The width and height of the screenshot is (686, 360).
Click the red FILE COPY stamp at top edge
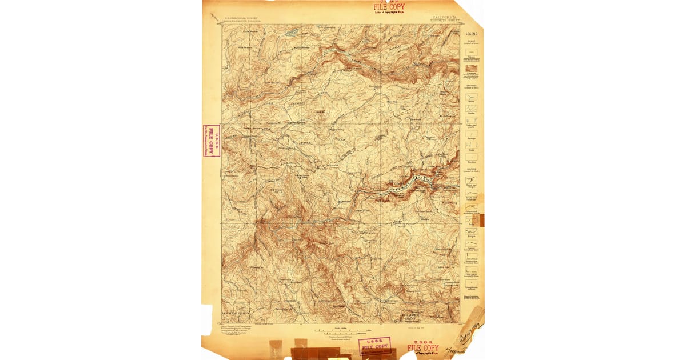389,8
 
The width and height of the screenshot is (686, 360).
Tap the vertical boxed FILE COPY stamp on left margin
211,141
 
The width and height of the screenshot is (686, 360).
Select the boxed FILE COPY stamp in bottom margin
374,345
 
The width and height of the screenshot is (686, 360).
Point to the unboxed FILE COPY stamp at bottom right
423,348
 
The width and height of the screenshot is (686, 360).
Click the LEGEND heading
471,34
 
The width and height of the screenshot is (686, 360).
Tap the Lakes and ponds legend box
471,122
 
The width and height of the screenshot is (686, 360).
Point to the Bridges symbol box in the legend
471,232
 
